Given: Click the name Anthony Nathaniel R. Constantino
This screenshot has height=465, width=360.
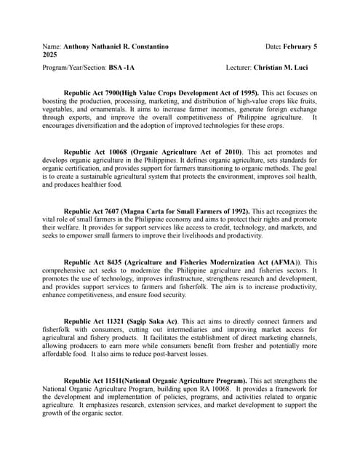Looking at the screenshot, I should click(x=116, y=46).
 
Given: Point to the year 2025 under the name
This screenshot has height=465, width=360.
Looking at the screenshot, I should click(x=50, y=54).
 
